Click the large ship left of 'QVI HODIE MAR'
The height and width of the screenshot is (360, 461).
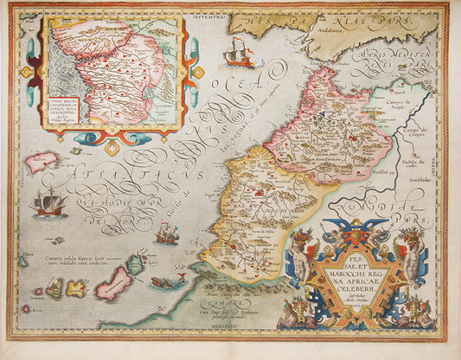tap(49, 203)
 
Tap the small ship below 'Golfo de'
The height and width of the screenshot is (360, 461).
tap(166, 233)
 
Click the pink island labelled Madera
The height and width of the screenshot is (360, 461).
tap(42, 161)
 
